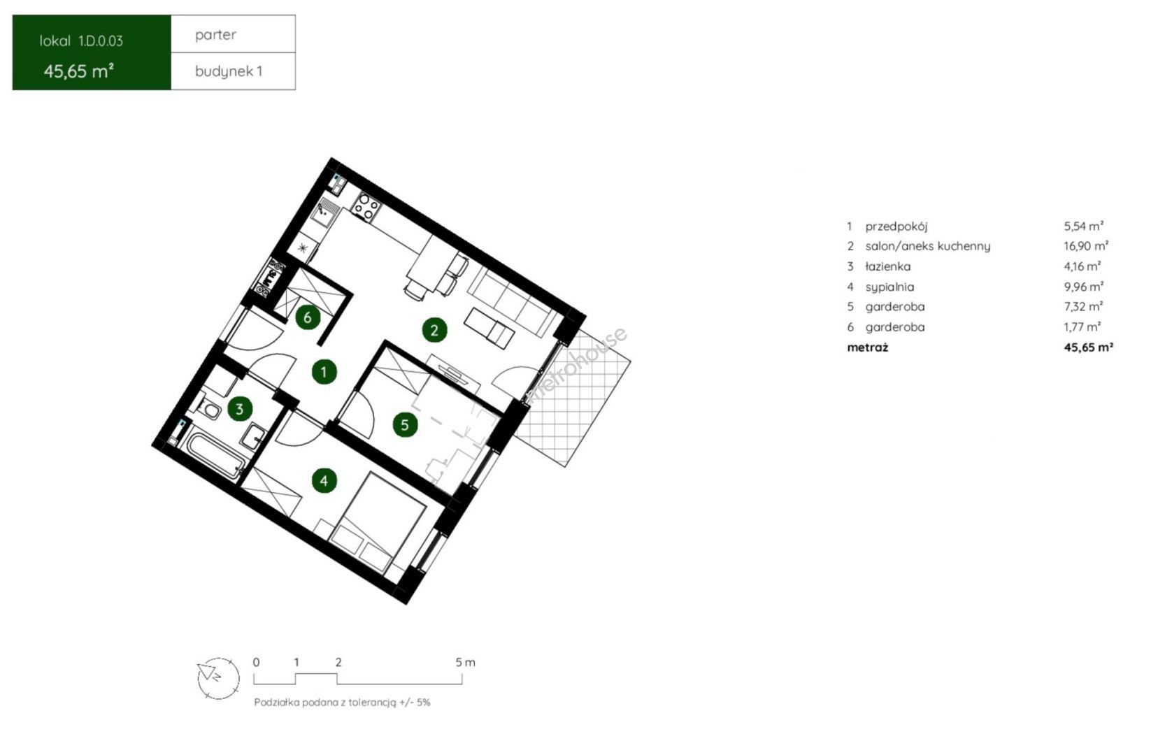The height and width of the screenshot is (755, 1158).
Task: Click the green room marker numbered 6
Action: point(308,317)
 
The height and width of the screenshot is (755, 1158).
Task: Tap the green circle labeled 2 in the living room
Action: point(434,330)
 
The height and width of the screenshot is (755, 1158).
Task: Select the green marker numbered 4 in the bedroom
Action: point(324,481)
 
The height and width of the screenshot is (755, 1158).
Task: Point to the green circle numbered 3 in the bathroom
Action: point(239,409)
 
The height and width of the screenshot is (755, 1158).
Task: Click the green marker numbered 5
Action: point(405,425)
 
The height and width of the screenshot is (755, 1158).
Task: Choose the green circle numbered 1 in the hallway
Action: point(324,372)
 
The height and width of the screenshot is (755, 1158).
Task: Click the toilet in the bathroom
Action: point(207,408)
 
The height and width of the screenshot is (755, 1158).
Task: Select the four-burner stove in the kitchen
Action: point(366,206)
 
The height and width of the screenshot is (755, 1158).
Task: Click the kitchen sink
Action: point(324,214)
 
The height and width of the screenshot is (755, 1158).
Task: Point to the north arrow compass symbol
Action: point(218,679)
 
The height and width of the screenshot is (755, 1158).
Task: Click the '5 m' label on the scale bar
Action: point(465,663)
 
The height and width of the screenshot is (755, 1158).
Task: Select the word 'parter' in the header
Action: point(215,35)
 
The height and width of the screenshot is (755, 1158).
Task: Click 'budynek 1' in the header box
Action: point(229,71)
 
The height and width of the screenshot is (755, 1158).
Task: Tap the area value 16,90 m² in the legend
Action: point(1085,246)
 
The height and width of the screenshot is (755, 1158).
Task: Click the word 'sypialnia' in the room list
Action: point(889,287)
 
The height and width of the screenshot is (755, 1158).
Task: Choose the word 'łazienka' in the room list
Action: point(888,266)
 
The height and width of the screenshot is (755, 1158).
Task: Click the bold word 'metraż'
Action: point(868,347)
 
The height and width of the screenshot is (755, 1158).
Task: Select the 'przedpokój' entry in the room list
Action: point(896,226)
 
